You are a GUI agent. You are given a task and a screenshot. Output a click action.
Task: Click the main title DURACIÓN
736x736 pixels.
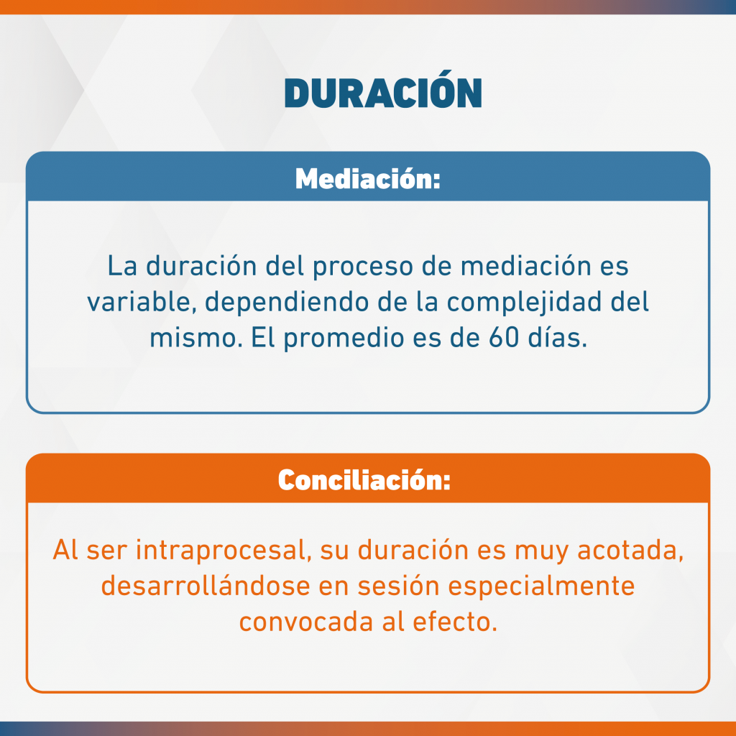(x=383, y=90)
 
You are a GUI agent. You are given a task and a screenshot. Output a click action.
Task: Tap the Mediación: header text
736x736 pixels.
(x=368, y=178)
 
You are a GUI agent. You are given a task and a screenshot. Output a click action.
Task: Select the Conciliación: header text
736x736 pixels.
(x=364, y=479)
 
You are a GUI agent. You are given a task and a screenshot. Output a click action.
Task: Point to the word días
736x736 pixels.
(x=558, y=337)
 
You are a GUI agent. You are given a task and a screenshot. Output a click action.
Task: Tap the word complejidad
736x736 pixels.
(x=524, y=303)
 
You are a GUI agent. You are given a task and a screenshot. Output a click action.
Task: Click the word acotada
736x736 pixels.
(x=630, y=550)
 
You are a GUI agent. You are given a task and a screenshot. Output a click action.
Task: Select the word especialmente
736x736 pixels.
(x=541, y=587)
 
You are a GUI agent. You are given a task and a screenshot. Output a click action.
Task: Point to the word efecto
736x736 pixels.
(x=455, y=622)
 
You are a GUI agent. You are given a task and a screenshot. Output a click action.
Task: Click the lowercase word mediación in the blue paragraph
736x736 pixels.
(x=525, y=266)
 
